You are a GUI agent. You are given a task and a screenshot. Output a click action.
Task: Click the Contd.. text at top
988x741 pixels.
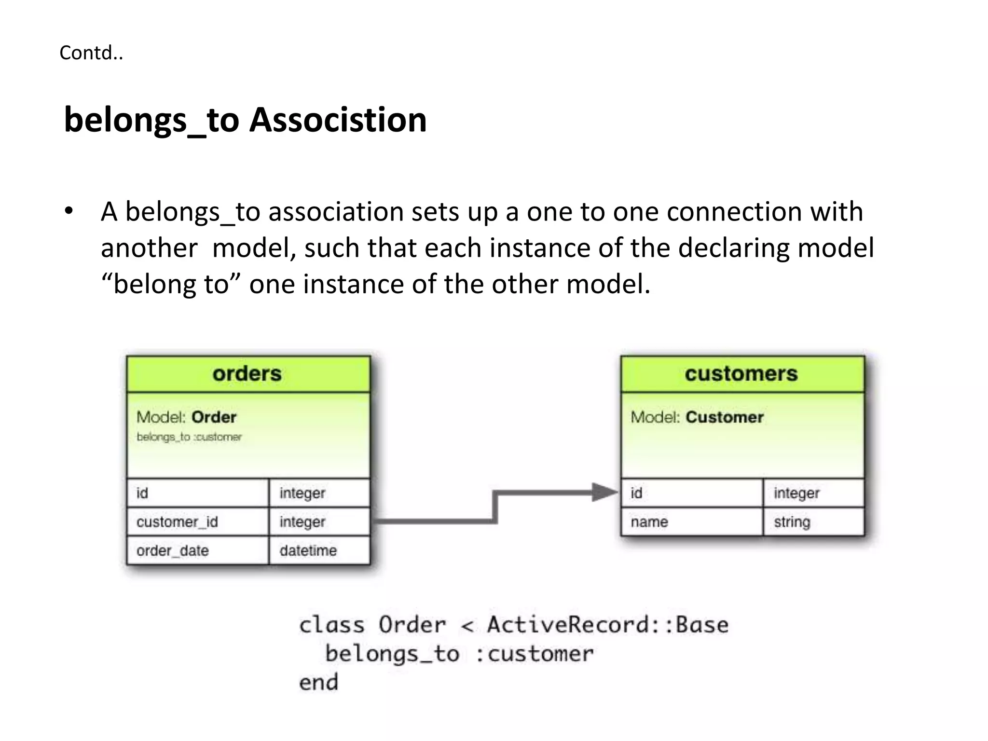91,53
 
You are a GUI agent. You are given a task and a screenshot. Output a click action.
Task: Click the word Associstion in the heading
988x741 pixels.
338,120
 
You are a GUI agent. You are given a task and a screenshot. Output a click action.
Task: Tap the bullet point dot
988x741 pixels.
69,211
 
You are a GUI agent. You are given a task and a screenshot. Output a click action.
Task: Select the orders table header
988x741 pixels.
247,374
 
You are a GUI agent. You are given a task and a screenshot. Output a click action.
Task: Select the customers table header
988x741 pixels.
741,374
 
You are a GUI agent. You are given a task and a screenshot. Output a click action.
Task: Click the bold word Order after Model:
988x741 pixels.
214,417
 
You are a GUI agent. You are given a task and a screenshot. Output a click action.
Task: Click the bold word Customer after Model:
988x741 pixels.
725,417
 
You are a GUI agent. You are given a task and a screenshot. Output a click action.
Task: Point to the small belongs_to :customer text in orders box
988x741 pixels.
189,437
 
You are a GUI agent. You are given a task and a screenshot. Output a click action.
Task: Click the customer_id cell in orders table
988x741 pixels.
178,521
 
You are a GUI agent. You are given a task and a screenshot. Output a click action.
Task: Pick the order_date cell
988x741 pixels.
173,550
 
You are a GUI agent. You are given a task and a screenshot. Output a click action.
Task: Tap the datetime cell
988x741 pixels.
308,550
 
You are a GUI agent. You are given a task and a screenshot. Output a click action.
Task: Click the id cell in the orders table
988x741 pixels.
142,493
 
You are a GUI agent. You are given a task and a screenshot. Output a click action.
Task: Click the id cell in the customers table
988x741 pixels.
636,493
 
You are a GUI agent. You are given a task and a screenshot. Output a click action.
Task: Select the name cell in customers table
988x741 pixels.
649,521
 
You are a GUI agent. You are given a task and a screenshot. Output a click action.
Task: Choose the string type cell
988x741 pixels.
792,521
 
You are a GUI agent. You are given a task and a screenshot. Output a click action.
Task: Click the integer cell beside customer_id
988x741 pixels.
302,521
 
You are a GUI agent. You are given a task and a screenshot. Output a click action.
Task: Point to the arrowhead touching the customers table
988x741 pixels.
604,493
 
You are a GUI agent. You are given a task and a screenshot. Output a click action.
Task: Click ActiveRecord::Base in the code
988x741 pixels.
607,625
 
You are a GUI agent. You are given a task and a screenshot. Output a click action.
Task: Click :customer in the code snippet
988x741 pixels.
535,654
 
